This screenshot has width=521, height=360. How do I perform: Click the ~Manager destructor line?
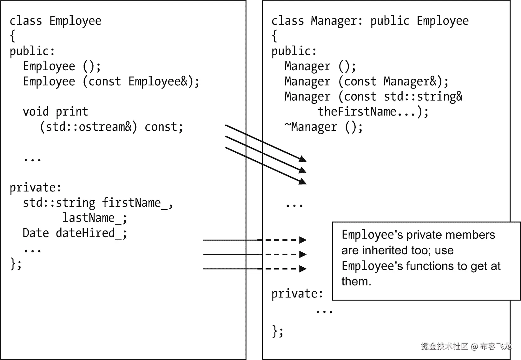coord(323,127)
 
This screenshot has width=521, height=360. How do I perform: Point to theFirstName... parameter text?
coord(373,112)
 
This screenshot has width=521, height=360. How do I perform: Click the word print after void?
coord(72,112)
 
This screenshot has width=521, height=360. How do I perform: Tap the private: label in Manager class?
coord(297,294)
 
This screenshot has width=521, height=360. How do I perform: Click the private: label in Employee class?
coord(35,188)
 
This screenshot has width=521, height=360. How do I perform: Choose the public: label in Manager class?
coord(294,51)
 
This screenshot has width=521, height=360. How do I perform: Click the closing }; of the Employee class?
coord(16,263)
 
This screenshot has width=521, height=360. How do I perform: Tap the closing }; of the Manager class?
coord(278,331)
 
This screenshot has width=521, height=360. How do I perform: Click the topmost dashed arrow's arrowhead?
coord(303,240)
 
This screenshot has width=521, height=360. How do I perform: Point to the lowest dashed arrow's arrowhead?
coord(303,269)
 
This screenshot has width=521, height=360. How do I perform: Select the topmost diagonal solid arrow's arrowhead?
coord(303,159)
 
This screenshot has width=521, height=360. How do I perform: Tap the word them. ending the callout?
coord(356,282)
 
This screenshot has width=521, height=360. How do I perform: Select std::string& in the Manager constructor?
coord(423,97)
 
